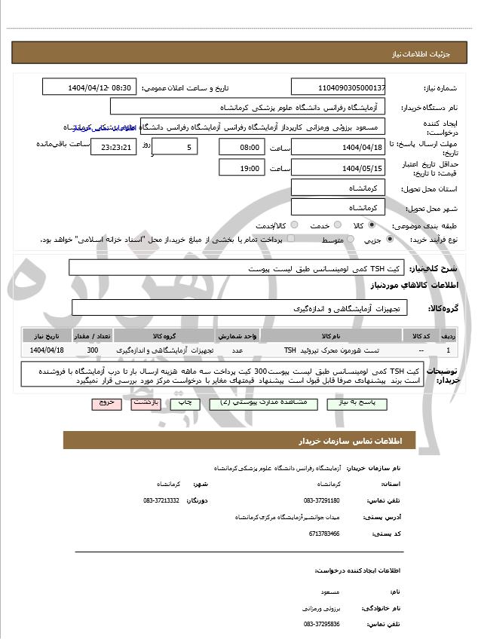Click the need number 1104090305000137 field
tap(338, 87)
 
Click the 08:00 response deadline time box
tap(241, 147)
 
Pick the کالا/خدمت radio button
tap(293, 225)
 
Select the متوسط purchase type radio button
tap(348, 239)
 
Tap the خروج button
tap(106, 403)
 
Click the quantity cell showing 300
tap(92, 350)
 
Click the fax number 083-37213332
tap(161, 500)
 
